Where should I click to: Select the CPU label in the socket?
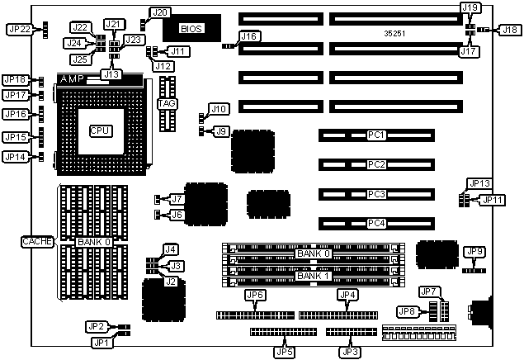101,130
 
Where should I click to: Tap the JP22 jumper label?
18,29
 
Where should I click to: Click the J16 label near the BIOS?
248,36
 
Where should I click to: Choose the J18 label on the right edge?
510,30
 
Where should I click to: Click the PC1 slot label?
377,134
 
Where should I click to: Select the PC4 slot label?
377,223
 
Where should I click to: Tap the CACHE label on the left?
37,242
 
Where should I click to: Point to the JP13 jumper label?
479,183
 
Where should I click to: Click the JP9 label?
474,251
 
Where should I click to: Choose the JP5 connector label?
283,352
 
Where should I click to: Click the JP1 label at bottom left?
100,342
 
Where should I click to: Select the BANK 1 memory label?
314,276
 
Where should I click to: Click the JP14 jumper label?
16,157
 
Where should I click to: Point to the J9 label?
221,130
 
